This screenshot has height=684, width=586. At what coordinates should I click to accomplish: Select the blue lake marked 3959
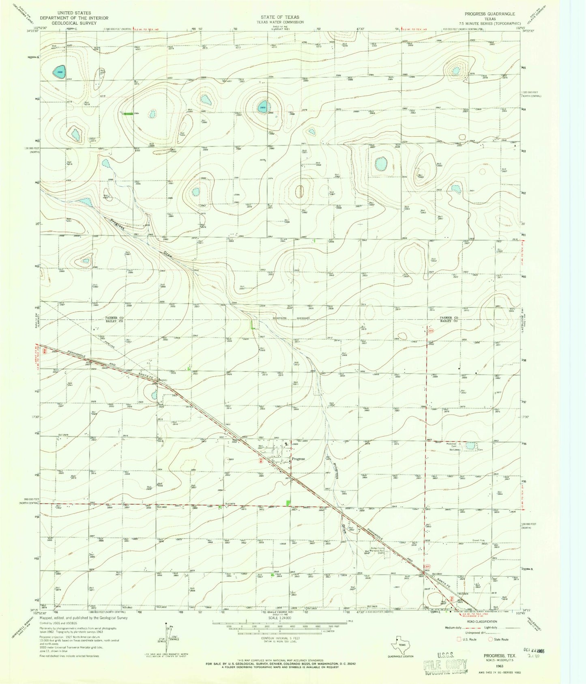point(262,107)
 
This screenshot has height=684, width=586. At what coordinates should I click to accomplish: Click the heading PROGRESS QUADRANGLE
point(489,14)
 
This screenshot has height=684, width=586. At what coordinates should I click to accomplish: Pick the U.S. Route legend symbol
point(459,639)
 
